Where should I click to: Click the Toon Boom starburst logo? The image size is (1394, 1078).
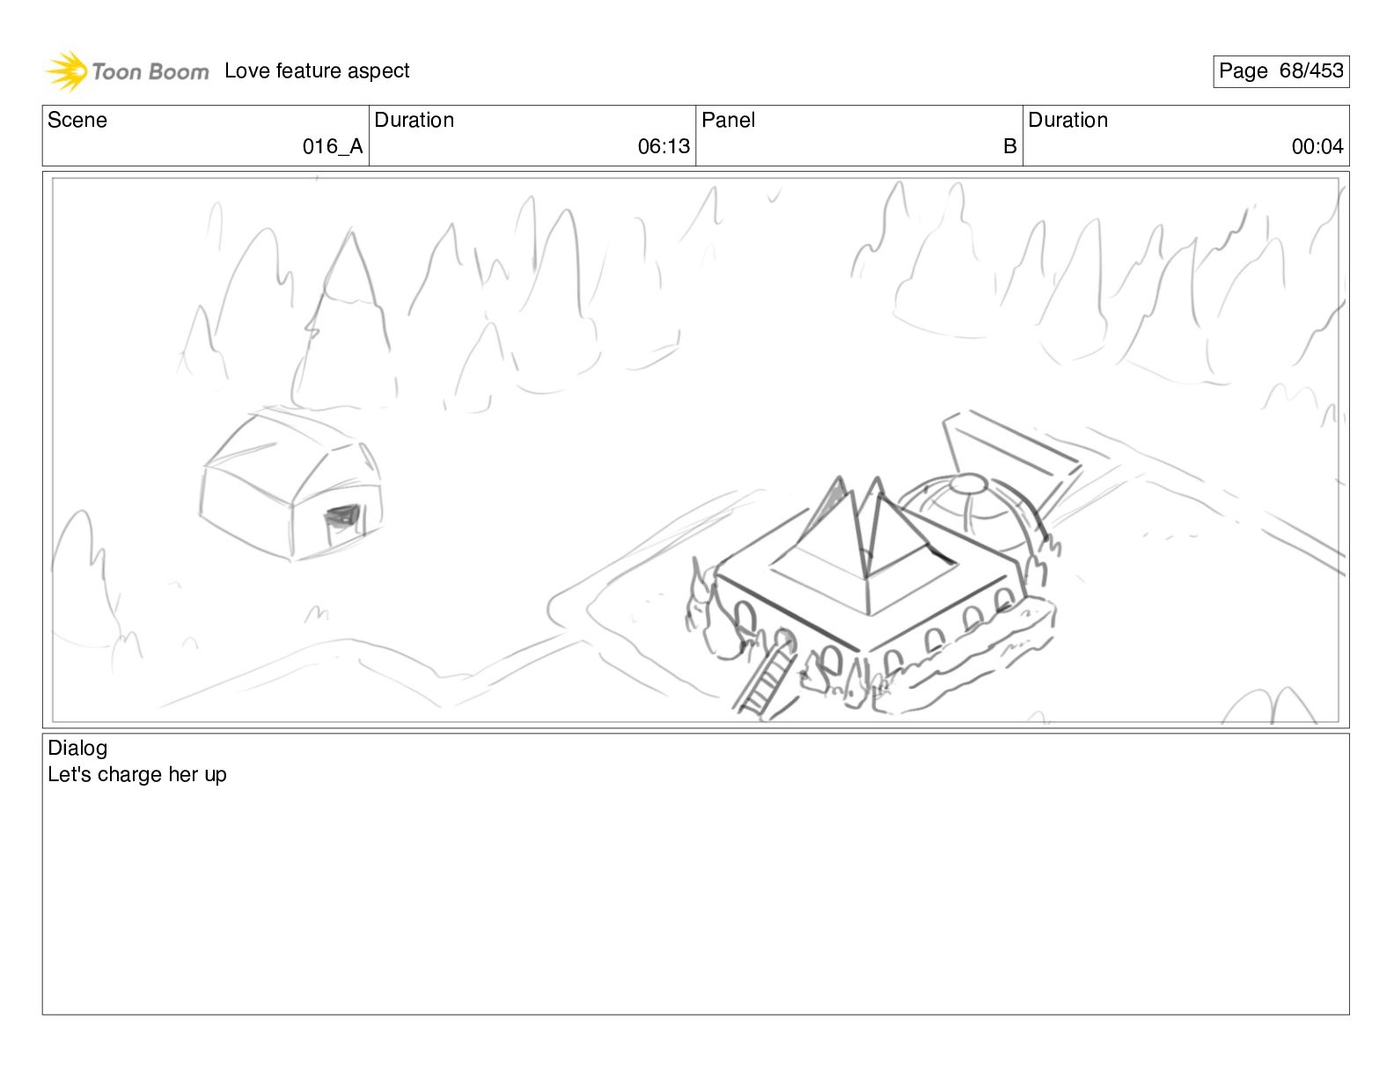coord(67,70)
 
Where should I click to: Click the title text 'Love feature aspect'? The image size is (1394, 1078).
coord(317,70)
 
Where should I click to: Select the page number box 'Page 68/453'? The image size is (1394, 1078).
coord(1280,71)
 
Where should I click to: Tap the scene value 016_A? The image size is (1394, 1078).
coord(333,146)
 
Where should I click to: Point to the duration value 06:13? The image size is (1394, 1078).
coord(664,146)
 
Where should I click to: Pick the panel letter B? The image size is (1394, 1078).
coord(1009,146)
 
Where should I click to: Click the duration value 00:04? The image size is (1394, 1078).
coord(1317,146)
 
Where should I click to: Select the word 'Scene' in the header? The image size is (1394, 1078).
coord(77,120)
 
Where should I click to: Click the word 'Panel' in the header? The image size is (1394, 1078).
coord(728,120)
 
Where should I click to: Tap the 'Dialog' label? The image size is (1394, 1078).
coord(77,748)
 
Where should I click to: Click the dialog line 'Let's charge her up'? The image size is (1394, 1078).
coord(137,775)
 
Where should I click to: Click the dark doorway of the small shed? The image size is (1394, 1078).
coord(344,519)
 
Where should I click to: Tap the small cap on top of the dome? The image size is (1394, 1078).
coord(968,483)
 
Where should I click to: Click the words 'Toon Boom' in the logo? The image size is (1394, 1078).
coord(150,71)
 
